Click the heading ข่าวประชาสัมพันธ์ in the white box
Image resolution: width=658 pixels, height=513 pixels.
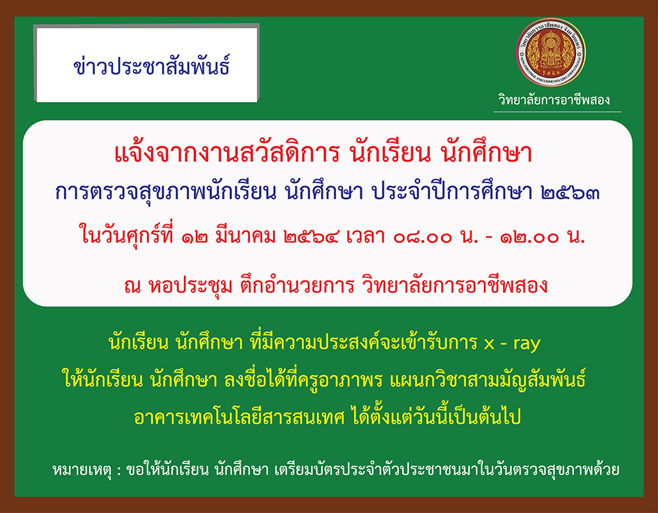coord(152,66)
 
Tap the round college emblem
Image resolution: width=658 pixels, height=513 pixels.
coord(551,53)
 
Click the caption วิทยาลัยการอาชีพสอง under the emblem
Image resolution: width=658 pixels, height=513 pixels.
coord(554,100)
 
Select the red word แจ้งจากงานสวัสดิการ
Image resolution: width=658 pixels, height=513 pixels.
coord(226,153)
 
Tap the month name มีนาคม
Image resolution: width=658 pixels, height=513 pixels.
coord(245,237)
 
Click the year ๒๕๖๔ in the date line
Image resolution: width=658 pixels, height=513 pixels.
coord(311,238)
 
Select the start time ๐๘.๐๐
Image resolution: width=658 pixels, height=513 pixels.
coord(423,238)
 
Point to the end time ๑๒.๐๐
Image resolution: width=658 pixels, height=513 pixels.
coord(530,238)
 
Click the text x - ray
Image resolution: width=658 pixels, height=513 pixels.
coord(511,343)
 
